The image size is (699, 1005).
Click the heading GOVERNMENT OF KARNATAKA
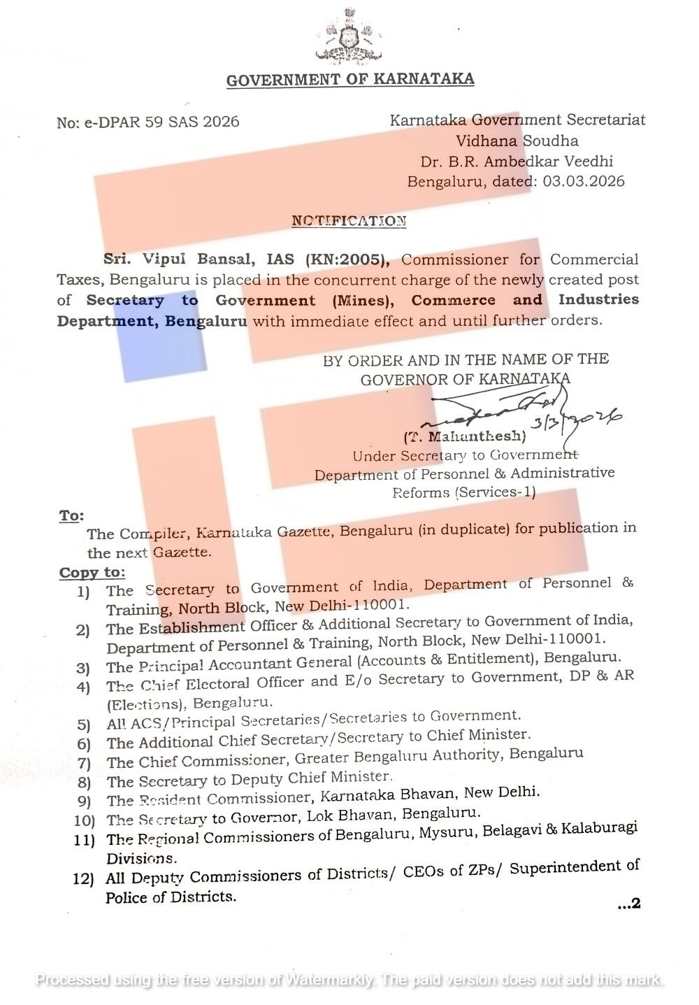coord(350,79)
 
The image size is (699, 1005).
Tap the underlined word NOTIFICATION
coord(349,221)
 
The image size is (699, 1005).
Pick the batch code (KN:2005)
coord(347,259)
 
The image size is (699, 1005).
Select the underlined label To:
coord(71,516)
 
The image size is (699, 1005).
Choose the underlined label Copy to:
coord(92,573)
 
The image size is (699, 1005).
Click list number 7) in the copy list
coord(84,762)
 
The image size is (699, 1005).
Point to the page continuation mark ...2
coord(628,904)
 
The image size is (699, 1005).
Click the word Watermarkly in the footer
coord(329,980)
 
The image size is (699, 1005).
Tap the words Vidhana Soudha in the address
coord(517,141)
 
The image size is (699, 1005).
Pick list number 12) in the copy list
coord(83,878)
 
